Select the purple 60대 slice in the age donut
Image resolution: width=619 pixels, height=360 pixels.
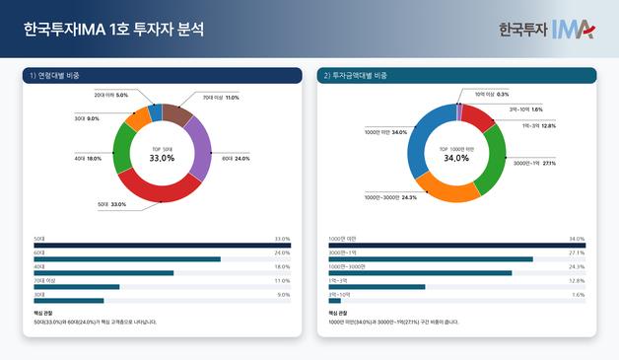click(x=199, y=146)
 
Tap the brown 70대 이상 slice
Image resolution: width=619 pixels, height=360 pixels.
click(x=177, y=112)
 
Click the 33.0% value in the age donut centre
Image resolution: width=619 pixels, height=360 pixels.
click(x=162, y=158)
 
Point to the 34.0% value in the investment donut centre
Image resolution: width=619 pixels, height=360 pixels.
click(x=456, y=158)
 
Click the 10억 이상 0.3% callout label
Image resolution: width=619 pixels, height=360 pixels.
click(x=492, y=94)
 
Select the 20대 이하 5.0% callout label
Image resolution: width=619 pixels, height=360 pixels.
click(x=111, y=95)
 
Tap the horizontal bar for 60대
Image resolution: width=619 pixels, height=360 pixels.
click(x=127, y=259)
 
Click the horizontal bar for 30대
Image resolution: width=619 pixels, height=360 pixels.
click(x=69, y=300)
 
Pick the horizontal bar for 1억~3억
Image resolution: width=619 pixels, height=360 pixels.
click(x=377, y=287)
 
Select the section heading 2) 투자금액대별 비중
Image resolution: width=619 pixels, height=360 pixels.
click(x=361, y=76)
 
